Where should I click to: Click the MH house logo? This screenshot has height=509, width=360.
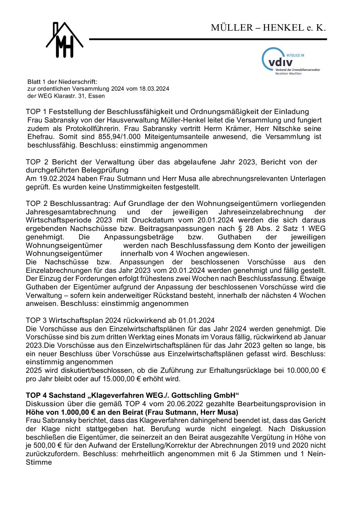click(x=65, y=40)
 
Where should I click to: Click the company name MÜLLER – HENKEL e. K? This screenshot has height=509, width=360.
click(x=268, y=28)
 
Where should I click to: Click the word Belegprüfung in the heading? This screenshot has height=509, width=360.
click(x=102, y=170)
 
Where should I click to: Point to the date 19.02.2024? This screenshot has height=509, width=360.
click(x=55, y=179)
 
